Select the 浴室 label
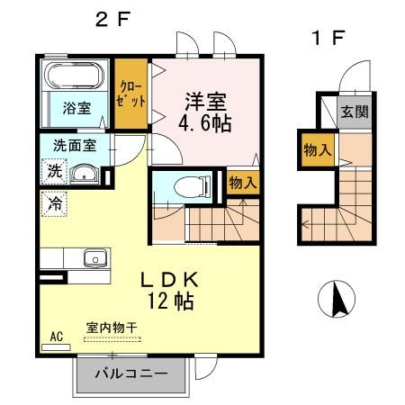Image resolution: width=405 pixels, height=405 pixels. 76,107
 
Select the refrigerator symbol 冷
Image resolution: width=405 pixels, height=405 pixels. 52,203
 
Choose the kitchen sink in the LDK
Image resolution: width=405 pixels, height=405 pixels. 92,259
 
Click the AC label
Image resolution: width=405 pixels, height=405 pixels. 56,337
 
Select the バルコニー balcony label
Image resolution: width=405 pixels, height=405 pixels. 130,373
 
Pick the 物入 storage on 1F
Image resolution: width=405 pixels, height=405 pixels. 313,148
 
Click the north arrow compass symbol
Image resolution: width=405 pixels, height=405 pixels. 337,296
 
